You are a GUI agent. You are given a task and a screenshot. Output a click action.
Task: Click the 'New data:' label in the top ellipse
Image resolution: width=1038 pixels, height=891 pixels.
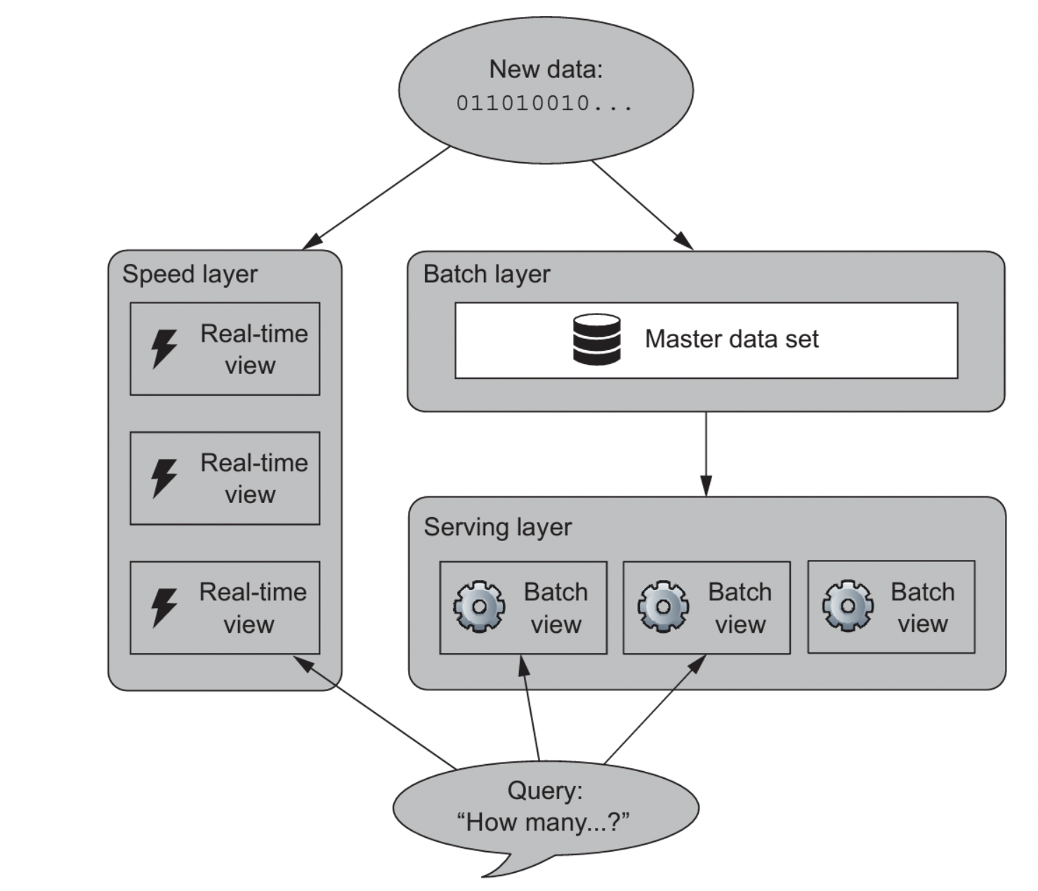[x=545, y=69]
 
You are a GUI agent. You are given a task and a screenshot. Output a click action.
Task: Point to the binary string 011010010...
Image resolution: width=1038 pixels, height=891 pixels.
[x=544, y=103]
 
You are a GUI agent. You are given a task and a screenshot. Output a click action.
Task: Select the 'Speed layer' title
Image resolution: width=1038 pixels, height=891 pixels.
[x=190, y=274]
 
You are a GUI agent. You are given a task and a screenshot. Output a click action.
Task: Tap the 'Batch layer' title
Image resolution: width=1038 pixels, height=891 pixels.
[x=486, y=274]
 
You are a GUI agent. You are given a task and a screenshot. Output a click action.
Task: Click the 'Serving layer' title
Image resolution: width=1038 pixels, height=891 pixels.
[x=497, y=527]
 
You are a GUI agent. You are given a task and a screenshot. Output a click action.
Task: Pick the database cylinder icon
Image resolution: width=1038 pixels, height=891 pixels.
[x=596, y=340]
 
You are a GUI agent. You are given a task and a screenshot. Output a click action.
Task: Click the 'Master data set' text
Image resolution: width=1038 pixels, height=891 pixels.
[x=731, y=340]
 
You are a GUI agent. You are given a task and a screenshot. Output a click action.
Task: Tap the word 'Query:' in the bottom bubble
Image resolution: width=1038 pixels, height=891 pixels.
[x=544, y=791]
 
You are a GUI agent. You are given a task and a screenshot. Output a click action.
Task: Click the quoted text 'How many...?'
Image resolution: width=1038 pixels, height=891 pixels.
[x=543, y=822]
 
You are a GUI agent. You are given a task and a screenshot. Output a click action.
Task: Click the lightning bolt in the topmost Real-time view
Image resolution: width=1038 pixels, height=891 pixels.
[x=164, y=348]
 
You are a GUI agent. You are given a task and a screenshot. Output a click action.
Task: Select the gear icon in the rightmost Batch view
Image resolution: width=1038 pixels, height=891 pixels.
[x=848, y=605]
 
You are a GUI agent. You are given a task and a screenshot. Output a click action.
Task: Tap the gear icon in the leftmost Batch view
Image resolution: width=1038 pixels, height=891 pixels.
[x=479, y=606]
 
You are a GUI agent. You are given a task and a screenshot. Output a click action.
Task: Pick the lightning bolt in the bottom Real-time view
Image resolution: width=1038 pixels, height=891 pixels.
[x=164, y=607]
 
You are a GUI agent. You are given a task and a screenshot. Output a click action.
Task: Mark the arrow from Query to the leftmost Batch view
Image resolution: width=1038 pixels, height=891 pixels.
[x=530, y=709]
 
